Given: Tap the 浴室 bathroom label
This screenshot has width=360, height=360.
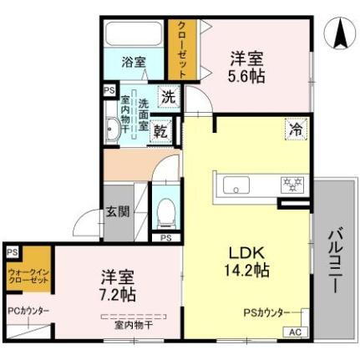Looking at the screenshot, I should (134, 62).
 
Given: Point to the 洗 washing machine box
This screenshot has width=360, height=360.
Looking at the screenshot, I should (169, 96).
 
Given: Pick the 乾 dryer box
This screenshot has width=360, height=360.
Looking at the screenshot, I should (162, 129).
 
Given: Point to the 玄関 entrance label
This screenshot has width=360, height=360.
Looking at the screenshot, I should (118, 212).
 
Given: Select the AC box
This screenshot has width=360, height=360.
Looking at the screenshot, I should (294, 332).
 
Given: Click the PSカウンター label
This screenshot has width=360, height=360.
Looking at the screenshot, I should (266, 312).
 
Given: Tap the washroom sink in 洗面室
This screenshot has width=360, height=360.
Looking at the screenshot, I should (114, 129).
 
